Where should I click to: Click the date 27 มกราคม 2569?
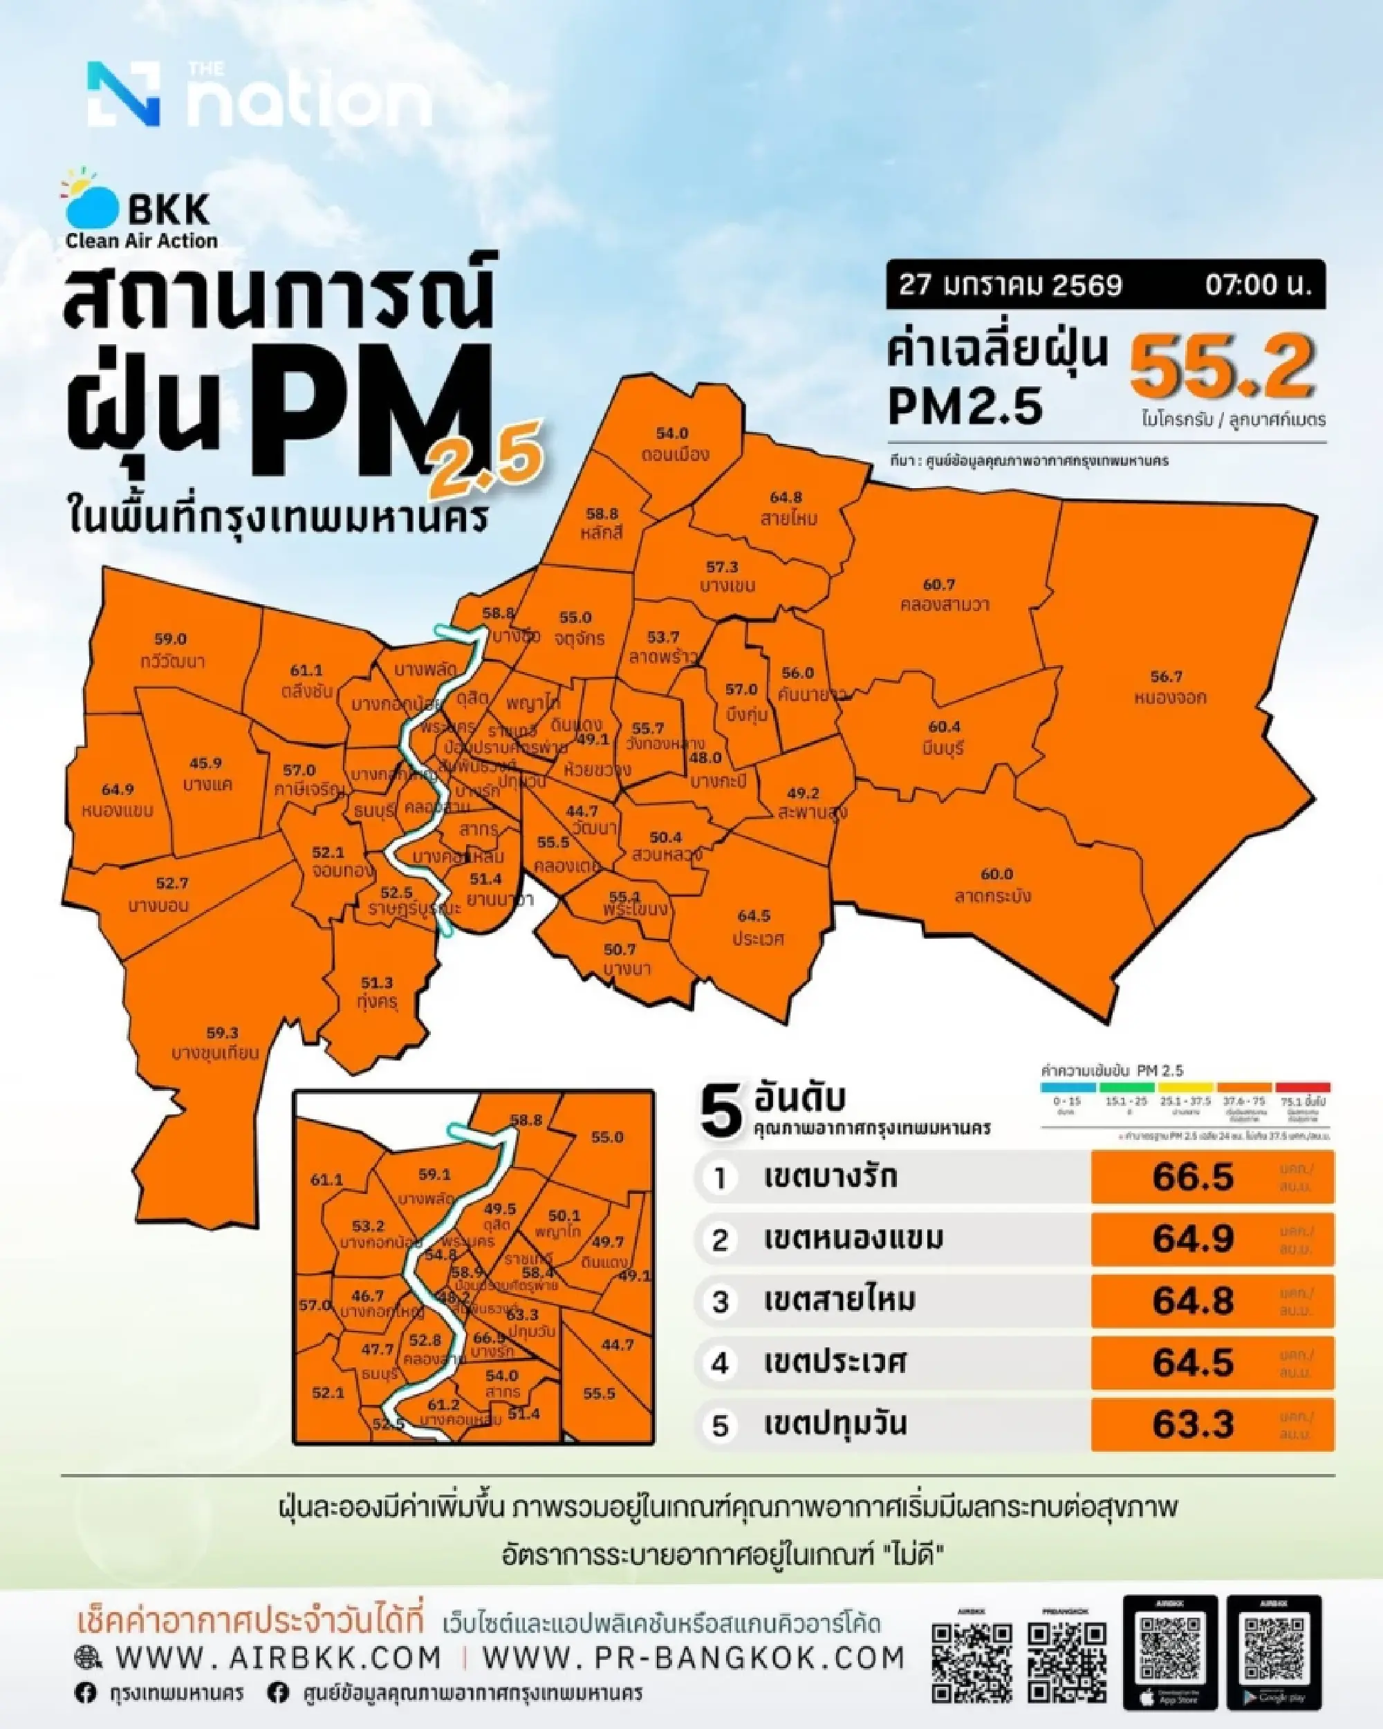1010,286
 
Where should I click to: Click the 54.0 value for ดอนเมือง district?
672,434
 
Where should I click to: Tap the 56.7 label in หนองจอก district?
1166,677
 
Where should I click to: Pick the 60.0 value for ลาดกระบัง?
997,874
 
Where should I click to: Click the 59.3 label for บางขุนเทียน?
222,1033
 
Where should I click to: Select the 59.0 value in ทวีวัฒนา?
170,639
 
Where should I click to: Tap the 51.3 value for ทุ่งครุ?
377,982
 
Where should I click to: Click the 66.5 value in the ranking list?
1193,1177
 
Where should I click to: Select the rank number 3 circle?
721,1301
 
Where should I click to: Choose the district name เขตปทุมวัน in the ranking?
835,1423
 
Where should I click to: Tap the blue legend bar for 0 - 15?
1067,1087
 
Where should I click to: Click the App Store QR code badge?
1171,1651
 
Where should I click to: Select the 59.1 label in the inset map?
435,1175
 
